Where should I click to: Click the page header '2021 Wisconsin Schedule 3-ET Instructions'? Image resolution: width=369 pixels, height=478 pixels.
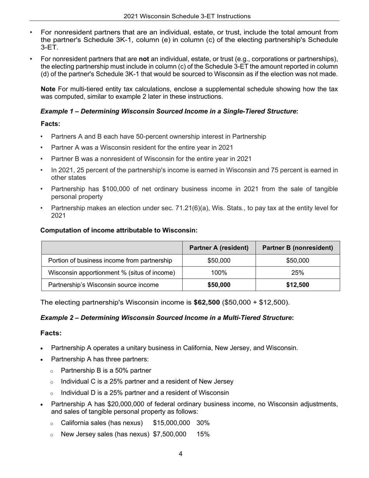point(187,16)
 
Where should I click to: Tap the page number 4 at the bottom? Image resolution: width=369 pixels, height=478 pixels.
point(181,454)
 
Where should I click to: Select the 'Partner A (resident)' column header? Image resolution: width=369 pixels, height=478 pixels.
point(219,248)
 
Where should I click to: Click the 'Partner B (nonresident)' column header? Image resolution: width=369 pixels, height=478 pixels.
point(298,248)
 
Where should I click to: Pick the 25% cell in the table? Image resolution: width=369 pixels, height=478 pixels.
point(298,273)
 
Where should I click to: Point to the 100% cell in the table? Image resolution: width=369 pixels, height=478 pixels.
point(219,273)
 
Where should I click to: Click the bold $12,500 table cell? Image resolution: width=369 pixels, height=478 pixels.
point(298,285)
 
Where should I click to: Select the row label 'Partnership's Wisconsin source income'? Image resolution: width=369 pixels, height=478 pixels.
point(103,285)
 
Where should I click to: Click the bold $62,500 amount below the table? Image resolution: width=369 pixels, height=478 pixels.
point(207,302)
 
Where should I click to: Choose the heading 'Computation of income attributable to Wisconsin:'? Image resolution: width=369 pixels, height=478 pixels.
point(119,230)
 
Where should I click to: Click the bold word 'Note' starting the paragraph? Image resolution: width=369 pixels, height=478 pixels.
point(48,89)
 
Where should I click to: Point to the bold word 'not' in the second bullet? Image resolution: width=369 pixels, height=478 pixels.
point(144,59)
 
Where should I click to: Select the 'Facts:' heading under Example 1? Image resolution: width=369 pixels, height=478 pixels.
point(50,124)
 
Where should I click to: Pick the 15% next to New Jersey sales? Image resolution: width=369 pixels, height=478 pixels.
point(203,434)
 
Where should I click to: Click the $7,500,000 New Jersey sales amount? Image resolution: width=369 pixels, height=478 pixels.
point(169,434)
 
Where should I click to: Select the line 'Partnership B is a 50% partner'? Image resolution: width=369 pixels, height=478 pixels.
point(106,370)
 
